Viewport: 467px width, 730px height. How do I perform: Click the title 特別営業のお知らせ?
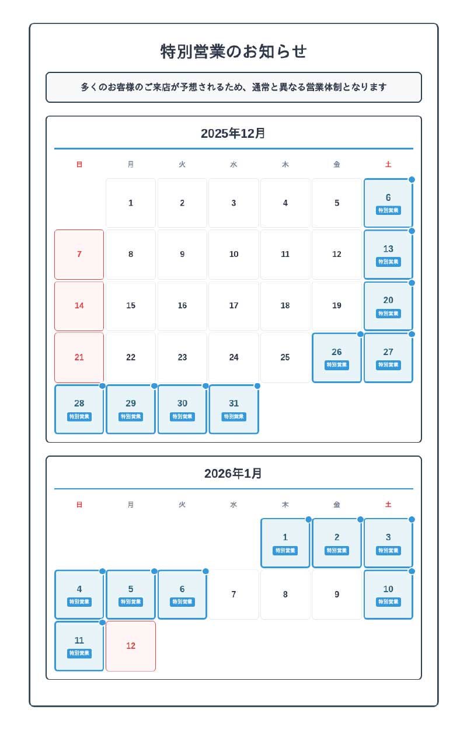(233, 51)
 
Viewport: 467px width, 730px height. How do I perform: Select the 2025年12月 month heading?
(233, 134)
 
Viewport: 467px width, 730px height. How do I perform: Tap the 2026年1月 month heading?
(233, 474)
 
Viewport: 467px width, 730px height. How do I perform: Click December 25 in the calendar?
(285, 357)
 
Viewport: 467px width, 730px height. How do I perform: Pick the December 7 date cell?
(79, 255)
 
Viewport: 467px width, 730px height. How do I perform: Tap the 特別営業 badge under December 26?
(337, 365)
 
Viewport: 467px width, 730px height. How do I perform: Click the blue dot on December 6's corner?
(412, 180)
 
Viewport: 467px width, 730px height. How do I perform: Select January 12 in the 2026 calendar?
(131, 646)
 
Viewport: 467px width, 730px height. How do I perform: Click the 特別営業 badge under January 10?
(388, 602)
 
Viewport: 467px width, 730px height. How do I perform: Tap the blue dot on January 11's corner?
(102, 623)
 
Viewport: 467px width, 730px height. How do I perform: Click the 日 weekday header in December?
(79, 165)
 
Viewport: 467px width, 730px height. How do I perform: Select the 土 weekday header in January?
(388, 505)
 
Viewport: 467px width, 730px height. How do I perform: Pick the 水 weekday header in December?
(233, 165)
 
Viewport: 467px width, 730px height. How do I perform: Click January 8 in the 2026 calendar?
(285, 595)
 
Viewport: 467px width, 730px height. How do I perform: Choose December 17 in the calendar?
(233, 305)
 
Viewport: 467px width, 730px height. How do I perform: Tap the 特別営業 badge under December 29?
(131, 417)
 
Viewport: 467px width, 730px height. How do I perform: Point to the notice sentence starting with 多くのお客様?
(233, 87)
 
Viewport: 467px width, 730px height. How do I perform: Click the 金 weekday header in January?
(337, 505)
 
